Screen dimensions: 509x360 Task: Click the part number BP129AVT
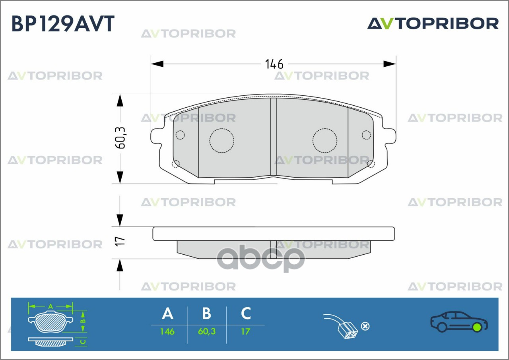point(63,23)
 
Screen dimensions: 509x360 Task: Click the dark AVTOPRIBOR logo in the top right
point(433,23)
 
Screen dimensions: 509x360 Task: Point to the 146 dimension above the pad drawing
point(274,64)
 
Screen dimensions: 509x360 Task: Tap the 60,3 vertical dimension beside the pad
point(120,138)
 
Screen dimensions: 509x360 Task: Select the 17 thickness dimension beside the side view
point(120,241)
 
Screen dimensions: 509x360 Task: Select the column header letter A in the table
point(168,313)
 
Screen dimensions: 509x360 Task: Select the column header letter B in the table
point(206,313)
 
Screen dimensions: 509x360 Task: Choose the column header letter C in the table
point(246,313)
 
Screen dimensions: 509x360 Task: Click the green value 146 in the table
point(167,332)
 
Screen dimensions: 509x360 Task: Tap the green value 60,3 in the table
point(206,332)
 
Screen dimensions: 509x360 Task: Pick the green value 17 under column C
point(246,332)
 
